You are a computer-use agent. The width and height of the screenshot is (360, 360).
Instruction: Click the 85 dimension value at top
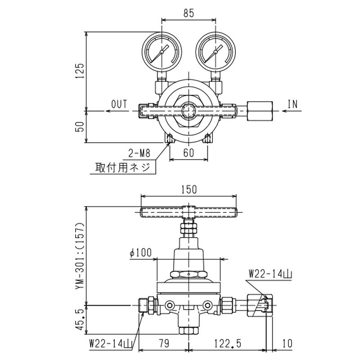(x=189, y=13)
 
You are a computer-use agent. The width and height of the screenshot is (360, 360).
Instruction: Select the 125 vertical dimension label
(x=81, y=71)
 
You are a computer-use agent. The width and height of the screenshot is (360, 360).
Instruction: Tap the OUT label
(x=119, y=104)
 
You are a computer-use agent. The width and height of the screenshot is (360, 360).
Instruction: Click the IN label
(x=292, y=104)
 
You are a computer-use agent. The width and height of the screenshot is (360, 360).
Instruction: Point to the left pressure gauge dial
(x=162, y=52)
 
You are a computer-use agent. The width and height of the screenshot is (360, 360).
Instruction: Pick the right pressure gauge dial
(x=216, y=52)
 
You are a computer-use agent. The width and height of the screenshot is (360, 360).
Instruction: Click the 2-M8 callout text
(x=139, y=153)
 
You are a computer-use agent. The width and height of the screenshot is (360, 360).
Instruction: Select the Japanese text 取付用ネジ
(x=123, y=167)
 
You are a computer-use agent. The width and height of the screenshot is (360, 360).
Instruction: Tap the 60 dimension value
(x=189, y=153)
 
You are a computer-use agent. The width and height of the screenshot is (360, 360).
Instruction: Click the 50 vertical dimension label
(x=80, y=126)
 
